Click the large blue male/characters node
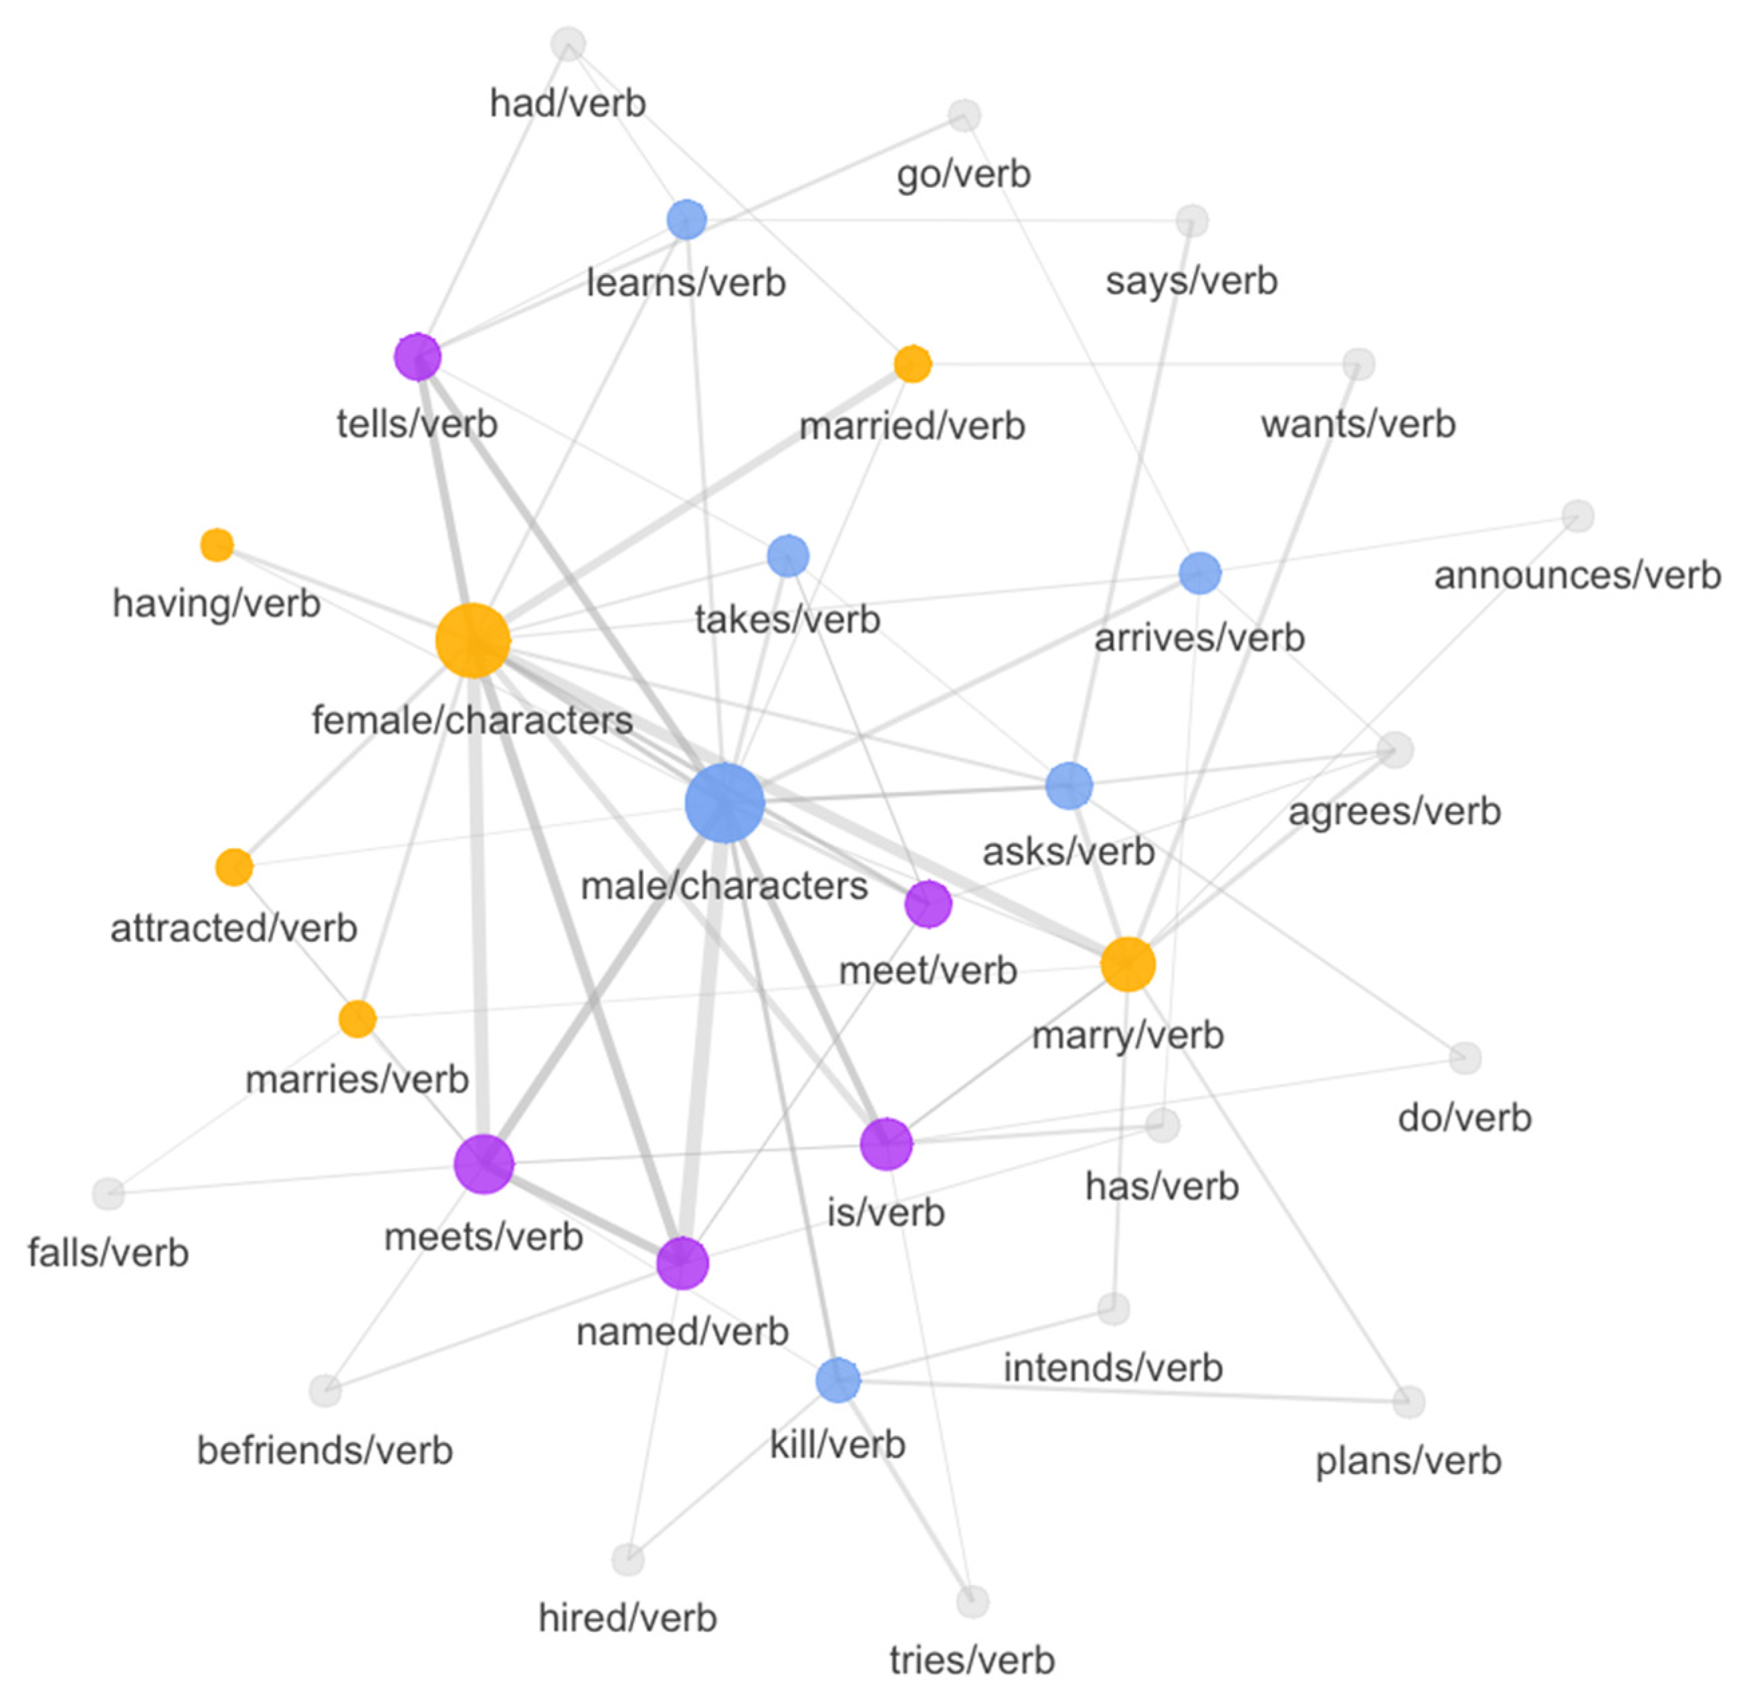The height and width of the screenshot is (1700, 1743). pyautogui.click(x=724, y=803)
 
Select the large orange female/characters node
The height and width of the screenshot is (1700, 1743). pyautogui.click(x=472, y=640)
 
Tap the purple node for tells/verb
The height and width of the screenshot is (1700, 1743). pyautogui.click(x=417, y=356)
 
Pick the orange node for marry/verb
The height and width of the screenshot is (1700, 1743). pyautogui.click(x=1127, y=964)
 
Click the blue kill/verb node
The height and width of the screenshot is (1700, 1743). pyautogui.click(x=837, y=1380)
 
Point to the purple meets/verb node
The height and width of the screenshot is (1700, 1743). pyautogui.click(x=483, y=1163)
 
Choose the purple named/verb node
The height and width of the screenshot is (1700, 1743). pyautogui.click(x=682, y=1262)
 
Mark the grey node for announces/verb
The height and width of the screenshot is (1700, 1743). pyautogui.click(x=1577, y=516)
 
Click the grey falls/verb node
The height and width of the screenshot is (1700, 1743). pyautogui.click(x=108, y=1193)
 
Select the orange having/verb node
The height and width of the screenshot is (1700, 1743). pyautogui.click(x=217, y=545)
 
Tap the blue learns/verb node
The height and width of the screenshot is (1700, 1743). pyautogui.click(x=686, y=219)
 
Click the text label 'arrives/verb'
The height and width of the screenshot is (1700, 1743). pyautogui.click(x=1199, y=638)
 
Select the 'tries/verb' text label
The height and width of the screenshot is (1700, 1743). pyautogui.click(x=972, y=1660)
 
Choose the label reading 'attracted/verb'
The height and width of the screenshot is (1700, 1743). pyautogui.click(x=234, y=929)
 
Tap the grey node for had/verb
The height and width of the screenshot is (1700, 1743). pyautogui.click(x=568, y=43)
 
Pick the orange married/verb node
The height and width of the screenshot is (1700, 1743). pyautogui.click(x=912, y=363)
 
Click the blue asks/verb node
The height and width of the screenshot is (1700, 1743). pyautogui.click(x=1068, y=785)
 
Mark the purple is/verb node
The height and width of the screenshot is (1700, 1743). pyautogui.click(x=886, y=1143)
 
